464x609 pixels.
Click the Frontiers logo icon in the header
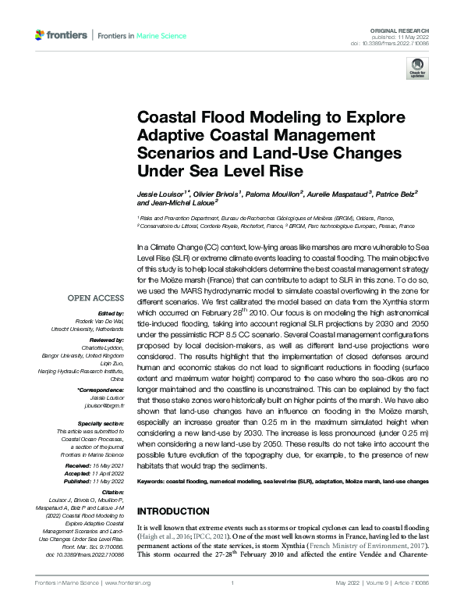(x=41, y=35)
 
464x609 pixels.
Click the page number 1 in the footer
(x=232, y=583)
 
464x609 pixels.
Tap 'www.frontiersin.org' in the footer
(x=128, y=583)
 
